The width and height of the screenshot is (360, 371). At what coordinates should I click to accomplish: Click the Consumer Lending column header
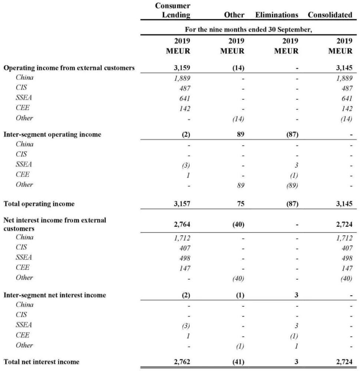coord(173,10)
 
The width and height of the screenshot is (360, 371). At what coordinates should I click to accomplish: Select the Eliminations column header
coord(276,15)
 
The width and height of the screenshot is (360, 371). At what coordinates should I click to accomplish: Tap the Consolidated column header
coord(330,15)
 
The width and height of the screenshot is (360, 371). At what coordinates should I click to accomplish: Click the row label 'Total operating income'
coord(39,204)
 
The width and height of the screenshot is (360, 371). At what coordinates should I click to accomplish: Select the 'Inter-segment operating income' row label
coord(52,135)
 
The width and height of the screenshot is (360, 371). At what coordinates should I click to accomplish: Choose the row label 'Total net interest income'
coord(41,362)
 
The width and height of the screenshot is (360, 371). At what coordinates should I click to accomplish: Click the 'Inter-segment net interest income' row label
coord(55,295)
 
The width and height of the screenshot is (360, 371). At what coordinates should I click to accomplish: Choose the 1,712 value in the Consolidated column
coord(343,237)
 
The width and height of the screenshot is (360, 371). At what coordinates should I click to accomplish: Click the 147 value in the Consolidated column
coord(346,267)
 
